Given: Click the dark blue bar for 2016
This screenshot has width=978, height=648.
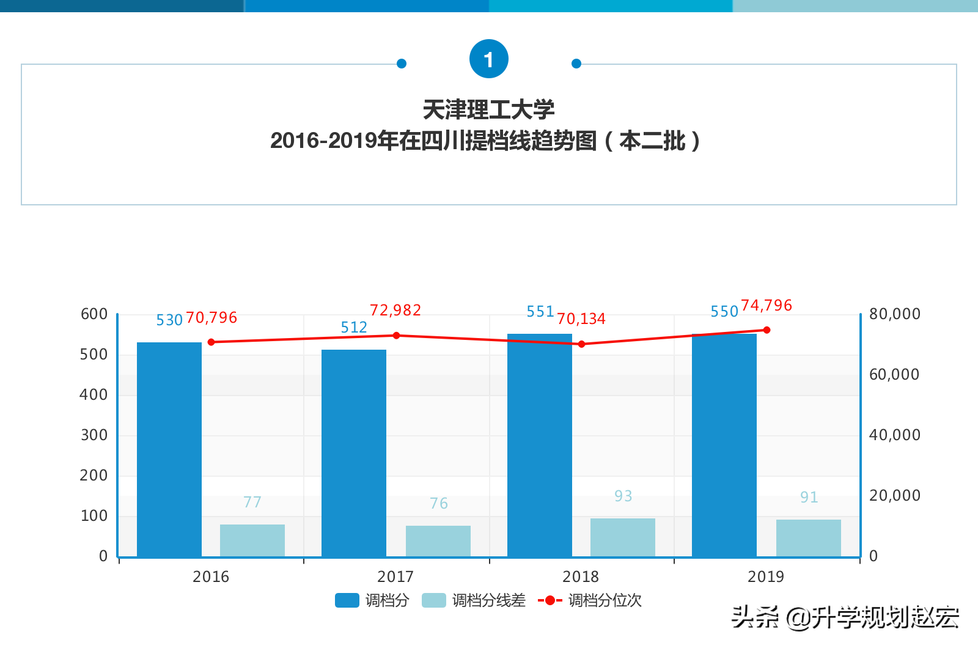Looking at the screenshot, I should (x=169, y=449).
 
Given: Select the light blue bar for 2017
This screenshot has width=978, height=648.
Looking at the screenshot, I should (x=438, y=541).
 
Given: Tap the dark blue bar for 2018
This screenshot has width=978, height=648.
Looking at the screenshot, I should (x=540, y=445).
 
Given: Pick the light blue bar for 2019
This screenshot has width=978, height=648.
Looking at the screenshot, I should (x=809, y=538).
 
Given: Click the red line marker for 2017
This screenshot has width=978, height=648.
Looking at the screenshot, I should (x=396, y=336).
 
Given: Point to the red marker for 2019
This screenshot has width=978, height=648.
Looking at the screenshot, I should (x=767, y=330).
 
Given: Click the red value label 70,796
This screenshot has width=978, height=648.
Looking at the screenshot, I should (x=211, y=318).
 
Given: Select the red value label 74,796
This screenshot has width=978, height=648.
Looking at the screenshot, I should (x=767, y=306).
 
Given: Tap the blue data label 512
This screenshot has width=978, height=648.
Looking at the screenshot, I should (x=354, y=328).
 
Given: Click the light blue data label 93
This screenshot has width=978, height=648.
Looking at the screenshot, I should (x=623, y=496).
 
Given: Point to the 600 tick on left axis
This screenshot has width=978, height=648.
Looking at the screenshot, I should (x=94, y=314).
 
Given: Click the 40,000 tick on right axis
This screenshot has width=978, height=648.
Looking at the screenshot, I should (x=894, y=435).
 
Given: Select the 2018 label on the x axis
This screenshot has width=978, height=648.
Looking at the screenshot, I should (x=581, y=576).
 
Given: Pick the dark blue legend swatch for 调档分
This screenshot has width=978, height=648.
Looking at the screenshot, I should (x=347, y=600).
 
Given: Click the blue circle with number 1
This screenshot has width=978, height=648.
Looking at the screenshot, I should (x=488, y=59).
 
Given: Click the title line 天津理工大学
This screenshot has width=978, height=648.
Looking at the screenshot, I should (x=488, y=110).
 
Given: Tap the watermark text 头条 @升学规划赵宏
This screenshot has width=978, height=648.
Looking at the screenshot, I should (x=845, y=617).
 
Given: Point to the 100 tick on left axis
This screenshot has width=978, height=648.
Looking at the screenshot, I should (x=94, y=516).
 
